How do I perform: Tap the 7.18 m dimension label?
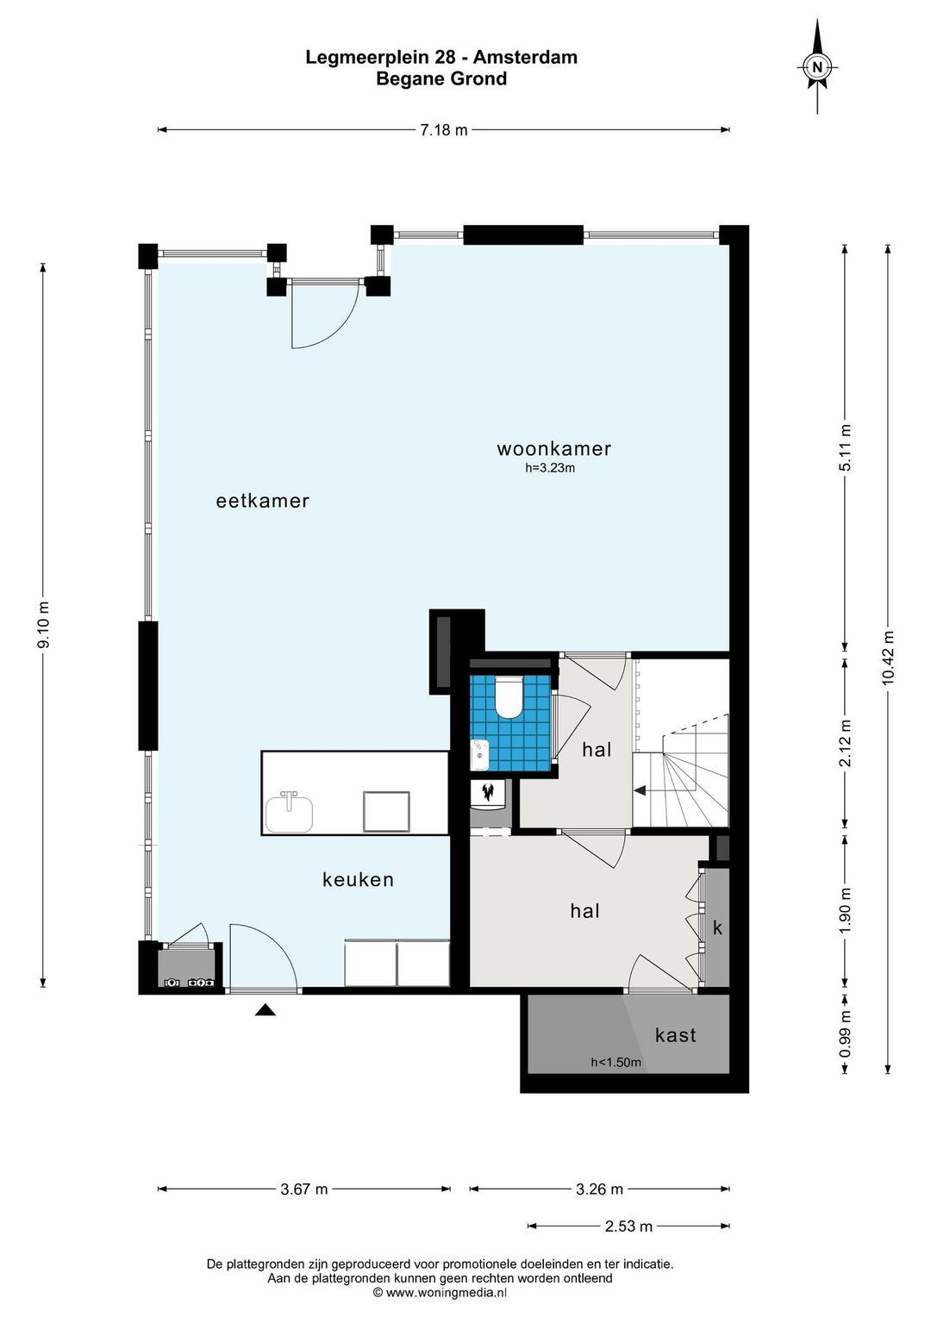tap(443, 130)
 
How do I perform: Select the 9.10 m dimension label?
tap(43, 625)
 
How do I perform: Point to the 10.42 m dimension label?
tap(888, 658)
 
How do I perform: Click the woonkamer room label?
tap(554, 449)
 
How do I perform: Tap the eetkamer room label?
tap(262, 501)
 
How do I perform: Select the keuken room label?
tap(358, 879)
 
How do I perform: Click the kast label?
tap(675, 1035)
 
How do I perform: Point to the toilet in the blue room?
tap(509, 697)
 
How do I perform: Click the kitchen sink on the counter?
tap(289, 811)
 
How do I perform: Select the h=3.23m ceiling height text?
tap(550, 469)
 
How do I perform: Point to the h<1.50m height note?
tap(615, 1063)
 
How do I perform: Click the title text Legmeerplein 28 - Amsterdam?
tap(441, 57)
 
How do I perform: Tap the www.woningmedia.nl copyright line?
tap(440, 1293)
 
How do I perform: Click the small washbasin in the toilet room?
tap(479, 755)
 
